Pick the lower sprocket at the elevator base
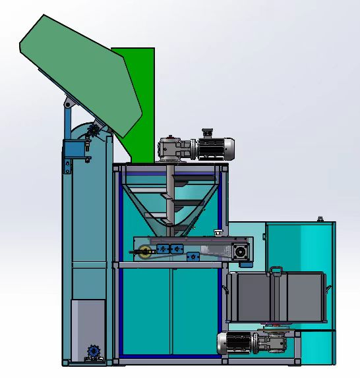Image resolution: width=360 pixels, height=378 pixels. point(93,353)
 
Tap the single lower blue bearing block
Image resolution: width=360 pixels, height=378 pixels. point(193,256)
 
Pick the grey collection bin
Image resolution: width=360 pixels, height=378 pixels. point(277,296)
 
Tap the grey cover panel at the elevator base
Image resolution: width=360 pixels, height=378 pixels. point(87,326)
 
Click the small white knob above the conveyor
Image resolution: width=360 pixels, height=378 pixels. point(218,231)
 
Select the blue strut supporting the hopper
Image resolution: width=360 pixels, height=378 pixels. point(67,122)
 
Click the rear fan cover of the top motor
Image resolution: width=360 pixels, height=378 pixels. point(229,148)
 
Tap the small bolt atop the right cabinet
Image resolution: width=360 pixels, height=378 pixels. point(320,219)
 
